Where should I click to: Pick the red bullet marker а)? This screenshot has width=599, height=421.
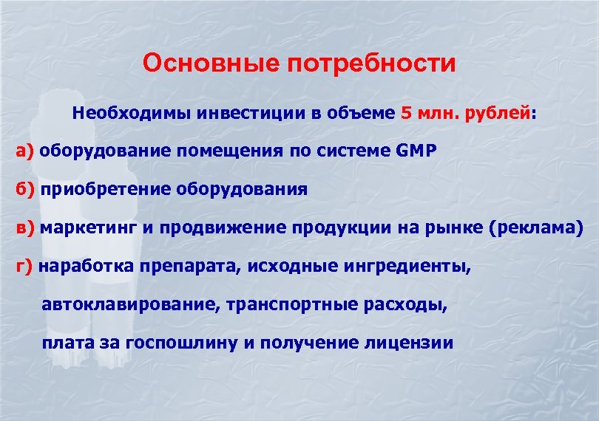pos(26,151)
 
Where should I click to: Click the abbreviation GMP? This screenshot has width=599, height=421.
pos(417,151)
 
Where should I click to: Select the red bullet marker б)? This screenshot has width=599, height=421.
pos(26,188)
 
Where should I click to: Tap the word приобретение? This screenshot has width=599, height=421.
pos(106,188)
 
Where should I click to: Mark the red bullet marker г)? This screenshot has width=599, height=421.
pos(24,266)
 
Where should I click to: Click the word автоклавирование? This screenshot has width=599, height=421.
pos(130,304)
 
